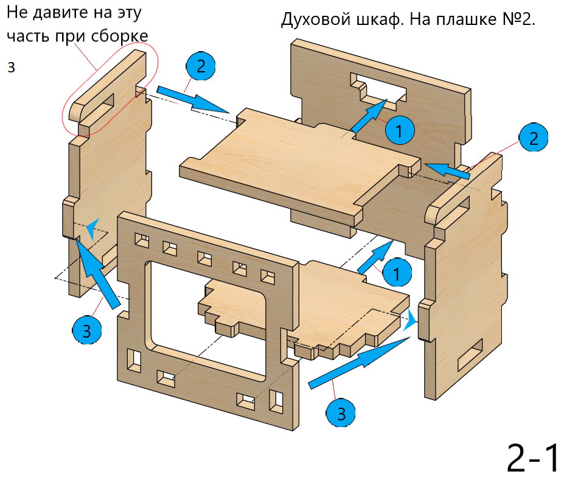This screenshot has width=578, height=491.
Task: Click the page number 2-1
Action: [x=533, y=458]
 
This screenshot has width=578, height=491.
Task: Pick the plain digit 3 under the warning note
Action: [x=11, y=67]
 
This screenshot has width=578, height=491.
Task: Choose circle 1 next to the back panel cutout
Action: [x=399, y=131]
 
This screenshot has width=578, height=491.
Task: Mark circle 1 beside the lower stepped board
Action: [x=396, y=273]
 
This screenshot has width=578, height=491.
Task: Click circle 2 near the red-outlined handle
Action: [x=201, y=66]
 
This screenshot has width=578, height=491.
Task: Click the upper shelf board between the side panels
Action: [x=298, y=164]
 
